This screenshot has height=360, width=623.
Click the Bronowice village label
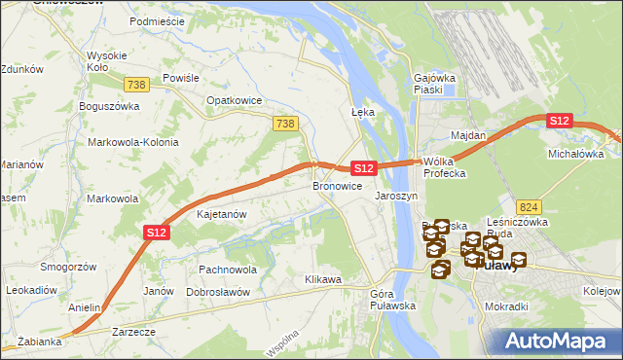tap(337, 185)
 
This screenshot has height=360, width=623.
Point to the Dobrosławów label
tap(218, 292)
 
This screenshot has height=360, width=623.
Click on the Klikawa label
tap(323, 279)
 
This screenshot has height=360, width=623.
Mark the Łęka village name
tap(362, 112)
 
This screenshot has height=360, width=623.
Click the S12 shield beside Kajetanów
tap(158, 232)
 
